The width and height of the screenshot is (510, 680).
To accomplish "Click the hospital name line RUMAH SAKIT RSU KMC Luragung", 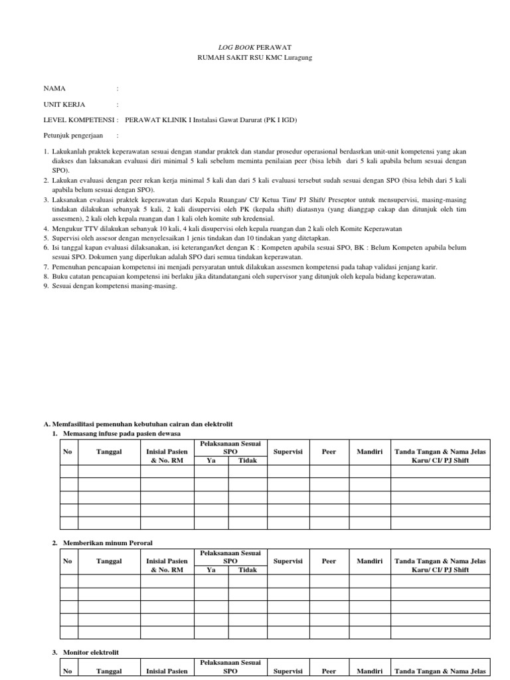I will pos(255,58).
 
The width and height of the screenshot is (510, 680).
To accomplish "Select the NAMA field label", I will pos(54,88).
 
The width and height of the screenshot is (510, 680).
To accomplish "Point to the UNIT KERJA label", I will pos(64,104).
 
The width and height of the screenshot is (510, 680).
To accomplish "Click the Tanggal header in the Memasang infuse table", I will pos(109,452).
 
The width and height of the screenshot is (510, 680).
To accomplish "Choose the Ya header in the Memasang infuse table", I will pos(211,460).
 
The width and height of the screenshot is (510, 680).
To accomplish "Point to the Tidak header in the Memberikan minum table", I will pos(247,570).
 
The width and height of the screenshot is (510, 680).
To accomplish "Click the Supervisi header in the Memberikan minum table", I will pos(288,561).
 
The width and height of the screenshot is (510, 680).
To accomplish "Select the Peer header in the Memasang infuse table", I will pos(329,452).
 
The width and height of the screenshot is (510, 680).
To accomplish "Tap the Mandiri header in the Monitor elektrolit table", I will pos(369,671).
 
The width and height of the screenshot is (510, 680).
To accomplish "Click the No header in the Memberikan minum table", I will pos(67,561).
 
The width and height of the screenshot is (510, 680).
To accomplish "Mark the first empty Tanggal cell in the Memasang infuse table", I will pos(109,472).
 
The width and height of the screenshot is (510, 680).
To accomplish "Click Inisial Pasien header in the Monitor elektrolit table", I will pos(167,671).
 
